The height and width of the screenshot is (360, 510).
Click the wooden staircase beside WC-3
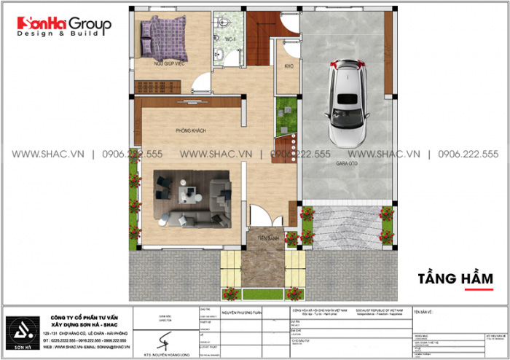coord(259,40)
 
